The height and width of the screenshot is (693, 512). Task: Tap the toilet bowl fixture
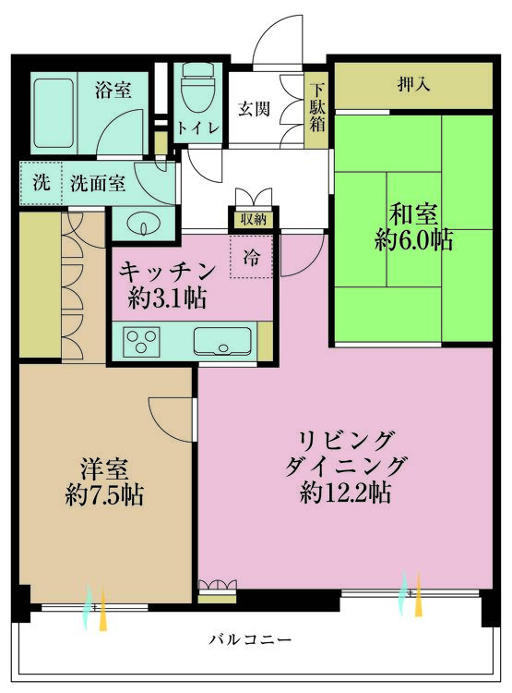[196, 91]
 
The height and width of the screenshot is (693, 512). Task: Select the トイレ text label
[199, 128]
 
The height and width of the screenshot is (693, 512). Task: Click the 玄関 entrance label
[255, 108]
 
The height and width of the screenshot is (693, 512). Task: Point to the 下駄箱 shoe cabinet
[317, 108]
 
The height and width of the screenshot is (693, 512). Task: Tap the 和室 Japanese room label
[412, 212]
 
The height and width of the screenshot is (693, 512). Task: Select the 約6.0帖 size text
[414, 240]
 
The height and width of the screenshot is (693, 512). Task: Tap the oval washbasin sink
[141, 225]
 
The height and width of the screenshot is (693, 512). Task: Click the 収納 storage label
[253, 220]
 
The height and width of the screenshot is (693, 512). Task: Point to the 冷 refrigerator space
[251, 258]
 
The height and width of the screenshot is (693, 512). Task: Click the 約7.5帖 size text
[104, 493]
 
